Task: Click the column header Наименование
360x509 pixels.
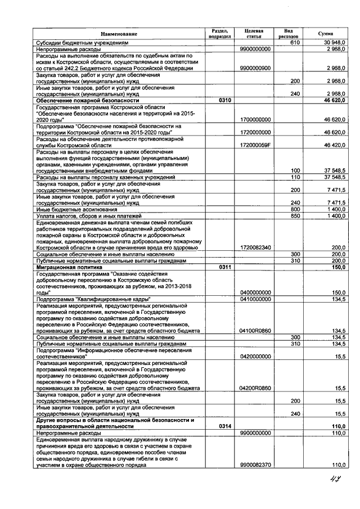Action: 119,34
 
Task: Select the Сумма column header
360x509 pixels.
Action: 325,34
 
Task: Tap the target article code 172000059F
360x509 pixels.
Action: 255,145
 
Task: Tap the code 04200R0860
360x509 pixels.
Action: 255,388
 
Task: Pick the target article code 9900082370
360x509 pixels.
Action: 255,465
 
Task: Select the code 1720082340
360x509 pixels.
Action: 255,247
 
